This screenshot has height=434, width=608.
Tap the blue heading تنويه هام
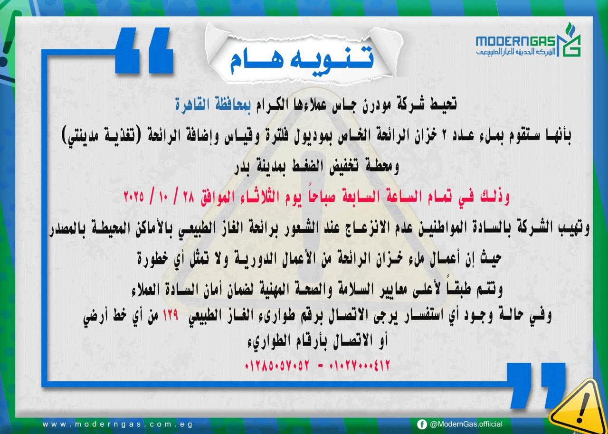point(302,59)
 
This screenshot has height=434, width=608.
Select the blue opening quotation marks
point(144,50)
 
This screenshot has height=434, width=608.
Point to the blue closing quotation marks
point(536,385)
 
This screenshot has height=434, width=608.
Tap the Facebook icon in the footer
point(422,424)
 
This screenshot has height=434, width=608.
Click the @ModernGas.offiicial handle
point(466,424)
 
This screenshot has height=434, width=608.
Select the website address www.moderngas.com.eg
point(117,425)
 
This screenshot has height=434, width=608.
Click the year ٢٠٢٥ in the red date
point(134,196)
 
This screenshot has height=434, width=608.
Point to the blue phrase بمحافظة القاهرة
point(213,105)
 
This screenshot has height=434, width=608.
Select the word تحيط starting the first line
point(443,104)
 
